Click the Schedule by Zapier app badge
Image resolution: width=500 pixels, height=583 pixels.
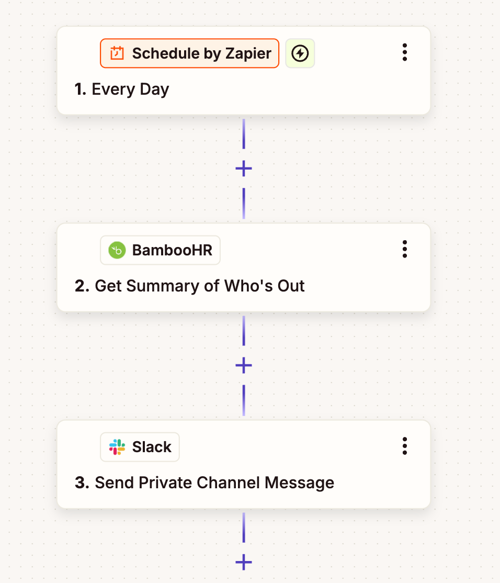(x=189, y=53)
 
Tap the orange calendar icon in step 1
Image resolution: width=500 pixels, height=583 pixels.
(x=117, y=53)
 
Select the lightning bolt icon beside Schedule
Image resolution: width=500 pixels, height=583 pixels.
(x=300, y=53)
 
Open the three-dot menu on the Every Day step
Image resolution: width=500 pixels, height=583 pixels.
(x=404, y=52)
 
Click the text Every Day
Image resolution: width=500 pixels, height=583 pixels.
(x=130, y=89)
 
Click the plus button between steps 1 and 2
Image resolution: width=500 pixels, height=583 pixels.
(x=244, y=169)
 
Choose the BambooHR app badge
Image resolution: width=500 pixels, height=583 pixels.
(x=160, y=250)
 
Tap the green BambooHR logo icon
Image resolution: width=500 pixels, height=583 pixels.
(x=117, y=250)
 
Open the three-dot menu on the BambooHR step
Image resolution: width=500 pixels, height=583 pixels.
(x=404, y=249)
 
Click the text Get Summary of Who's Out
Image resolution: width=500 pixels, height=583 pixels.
(x=199, y=286)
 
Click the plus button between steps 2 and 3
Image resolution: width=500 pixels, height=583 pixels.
(x=244, y=365)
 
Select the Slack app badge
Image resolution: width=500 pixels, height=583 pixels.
(x=140, y=447)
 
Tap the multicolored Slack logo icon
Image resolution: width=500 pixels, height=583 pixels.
(x=117, y=447)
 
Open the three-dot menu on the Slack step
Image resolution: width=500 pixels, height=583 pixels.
(x=404, y=446)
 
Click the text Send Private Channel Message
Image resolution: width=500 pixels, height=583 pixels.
(x=214, y=483)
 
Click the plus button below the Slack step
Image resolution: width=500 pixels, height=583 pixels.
(x=244, y=563)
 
